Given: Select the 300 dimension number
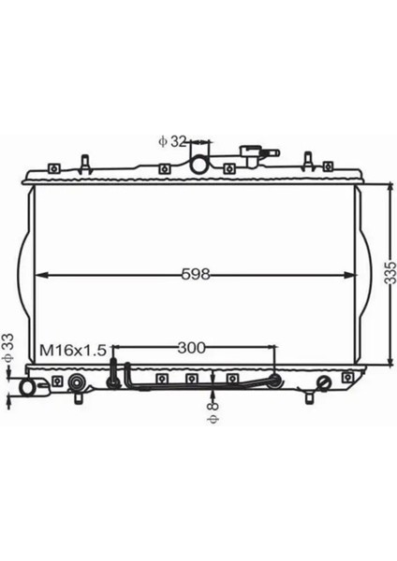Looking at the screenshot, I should pyautogui.click(x=191, y=348).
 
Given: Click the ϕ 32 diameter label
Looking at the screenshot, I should pyautogui.click(x=172, y=141).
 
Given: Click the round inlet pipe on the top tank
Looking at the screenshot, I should pyautogui.click(x=200, y=165).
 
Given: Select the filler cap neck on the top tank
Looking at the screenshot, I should pyautogui.click(x=251, y=152).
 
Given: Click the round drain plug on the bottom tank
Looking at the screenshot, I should pyautogui.click(x=324, y=382).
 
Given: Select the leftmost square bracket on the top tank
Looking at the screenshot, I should pyautogui.click(x=53, y=168).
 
